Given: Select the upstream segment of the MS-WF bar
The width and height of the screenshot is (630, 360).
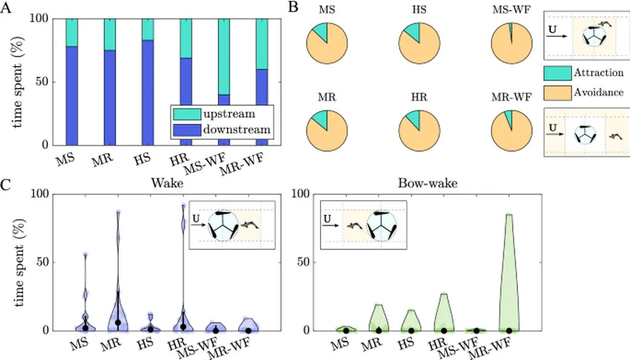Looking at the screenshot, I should coord(225,57).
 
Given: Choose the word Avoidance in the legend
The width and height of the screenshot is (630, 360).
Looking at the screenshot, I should coord(599,92).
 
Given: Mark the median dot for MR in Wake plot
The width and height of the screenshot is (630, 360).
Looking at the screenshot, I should coord(118,322).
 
